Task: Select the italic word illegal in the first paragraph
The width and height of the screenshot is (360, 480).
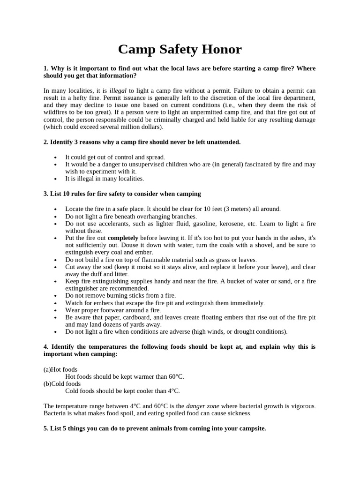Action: pyautogui.click(x=118, y=90)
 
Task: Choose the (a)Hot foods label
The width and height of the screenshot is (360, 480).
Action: pyautogui.click(x=60, y=369)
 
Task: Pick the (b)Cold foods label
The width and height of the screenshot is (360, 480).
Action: pyautogui.click(x=62, y=383)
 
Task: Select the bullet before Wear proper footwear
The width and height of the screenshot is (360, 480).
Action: pyautogui.click(x=56, y=310)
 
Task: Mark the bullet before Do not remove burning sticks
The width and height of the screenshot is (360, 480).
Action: pyautogui.click(x=56, y=296)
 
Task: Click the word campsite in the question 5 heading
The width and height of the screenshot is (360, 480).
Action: pyautogui.click(x=251, y=428)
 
